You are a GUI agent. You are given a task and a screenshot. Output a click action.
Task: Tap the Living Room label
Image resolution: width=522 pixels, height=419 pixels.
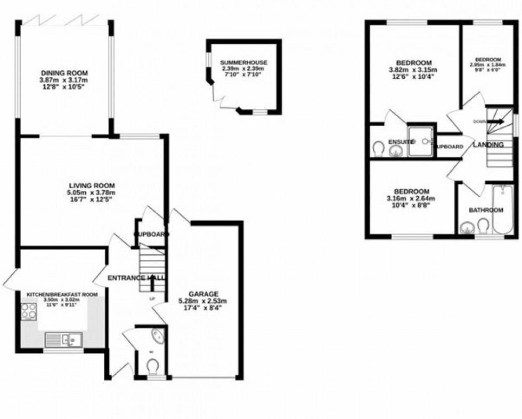pos(92,186)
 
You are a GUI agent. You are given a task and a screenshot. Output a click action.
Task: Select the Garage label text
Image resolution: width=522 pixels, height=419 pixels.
pos(203,294)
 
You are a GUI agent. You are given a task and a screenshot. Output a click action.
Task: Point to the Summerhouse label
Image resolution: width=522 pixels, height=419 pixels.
pos(244,63)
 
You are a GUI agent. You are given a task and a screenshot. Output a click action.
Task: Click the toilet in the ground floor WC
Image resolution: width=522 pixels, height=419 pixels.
pos(153,367)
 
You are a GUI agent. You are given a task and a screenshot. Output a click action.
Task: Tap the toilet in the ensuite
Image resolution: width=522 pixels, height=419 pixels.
pos(378,147)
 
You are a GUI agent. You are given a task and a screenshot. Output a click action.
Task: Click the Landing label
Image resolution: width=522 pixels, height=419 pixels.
pos(488,144)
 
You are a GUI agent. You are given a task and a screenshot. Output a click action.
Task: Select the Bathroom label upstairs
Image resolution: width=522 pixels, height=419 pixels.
pos(486,210)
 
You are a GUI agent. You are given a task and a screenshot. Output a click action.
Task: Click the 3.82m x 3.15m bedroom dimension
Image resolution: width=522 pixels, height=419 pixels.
pos(414,70)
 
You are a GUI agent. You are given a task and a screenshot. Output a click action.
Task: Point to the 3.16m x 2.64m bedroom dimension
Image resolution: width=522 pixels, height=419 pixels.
pos(411,198)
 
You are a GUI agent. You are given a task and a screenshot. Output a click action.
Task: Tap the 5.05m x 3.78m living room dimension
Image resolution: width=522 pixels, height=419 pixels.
pos(92,192)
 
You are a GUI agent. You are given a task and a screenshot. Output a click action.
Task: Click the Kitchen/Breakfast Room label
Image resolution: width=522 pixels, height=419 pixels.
pos(62,294)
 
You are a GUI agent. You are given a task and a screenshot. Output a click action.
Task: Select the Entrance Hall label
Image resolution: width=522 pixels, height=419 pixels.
pos(136,278)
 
